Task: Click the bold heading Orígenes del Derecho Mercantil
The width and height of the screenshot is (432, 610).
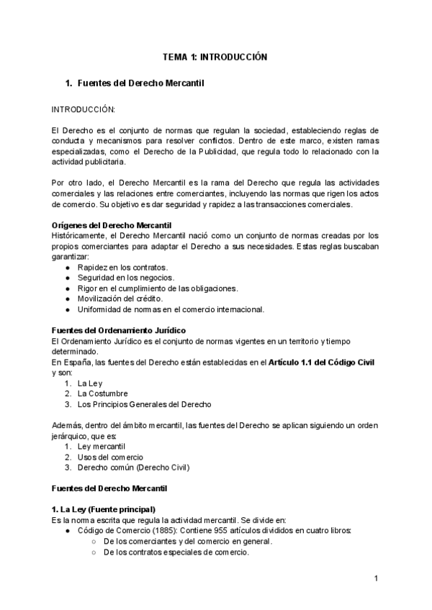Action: (107, 225)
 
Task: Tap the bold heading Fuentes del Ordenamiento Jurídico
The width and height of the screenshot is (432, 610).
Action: (115, 330)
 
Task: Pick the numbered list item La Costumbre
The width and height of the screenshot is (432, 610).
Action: (103, 393)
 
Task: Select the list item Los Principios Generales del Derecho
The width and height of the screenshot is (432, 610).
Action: (145, 404)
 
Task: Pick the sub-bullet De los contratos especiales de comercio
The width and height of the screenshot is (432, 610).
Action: (177, 552)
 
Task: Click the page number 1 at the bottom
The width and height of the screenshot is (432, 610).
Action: (376, 578)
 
